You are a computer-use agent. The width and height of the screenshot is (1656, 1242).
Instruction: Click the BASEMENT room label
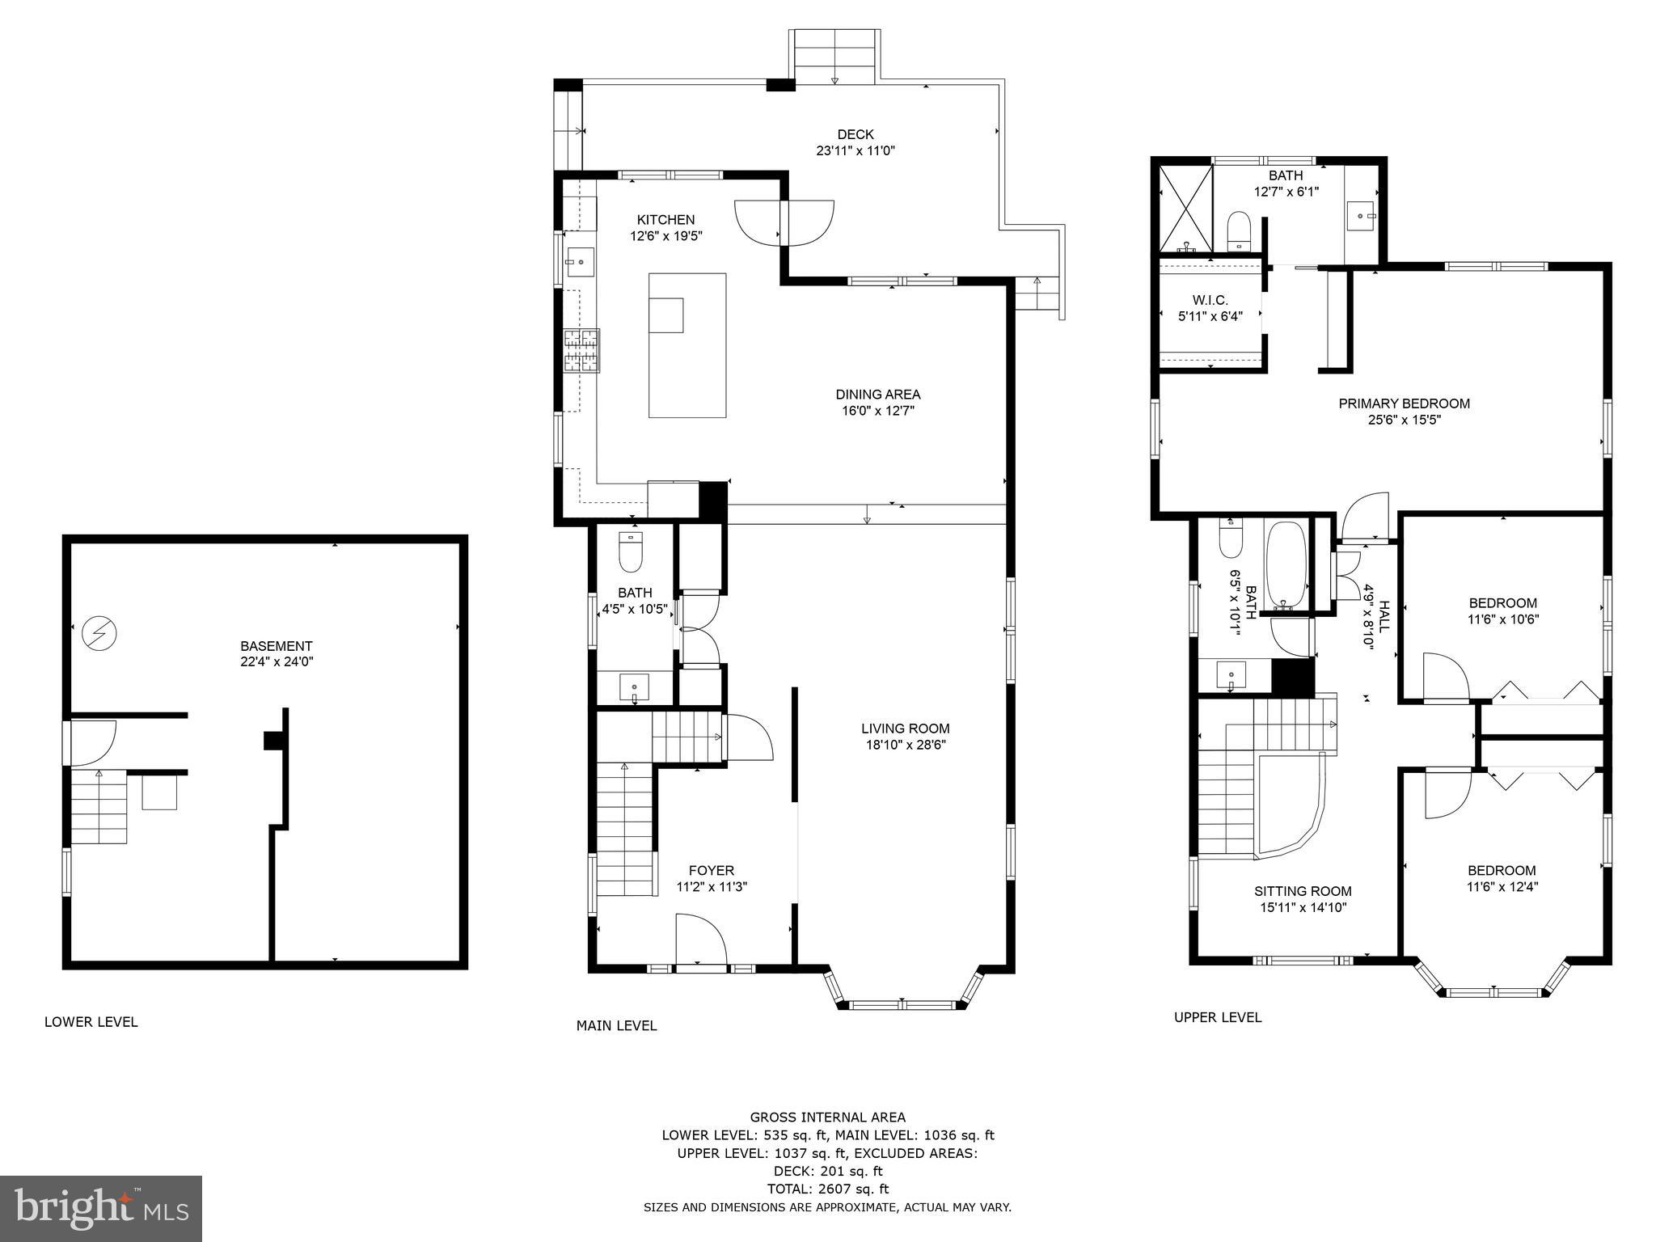click(x=276, y=646)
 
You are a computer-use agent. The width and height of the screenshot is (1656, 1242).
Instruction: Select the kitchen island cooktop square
click(x=666, y=315)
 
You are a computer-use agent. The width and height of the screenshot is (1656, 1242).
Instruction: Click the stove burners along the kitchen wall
click(x=581, y=351)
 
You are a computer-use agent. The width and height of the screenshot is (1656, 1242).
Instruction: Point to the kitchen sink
click(x=580, y=262)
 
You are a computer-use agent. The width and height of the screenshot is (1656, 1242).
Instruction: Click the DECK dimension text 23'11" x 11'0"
click(x=855, y=150)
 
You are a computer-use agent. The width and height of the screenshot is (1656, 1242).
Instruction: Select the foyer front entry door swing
click(x=700, y=940)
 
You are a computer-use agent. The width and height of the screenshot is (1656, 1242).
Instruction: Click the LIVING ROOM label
click(x=905, y=729)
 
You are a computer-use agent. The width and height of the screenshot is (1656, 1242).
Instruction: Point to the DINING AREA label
click(x=877, y=395)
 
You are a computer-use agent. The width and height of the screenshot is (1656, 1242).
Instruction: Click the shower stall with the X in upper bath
click(x=1185, y=209)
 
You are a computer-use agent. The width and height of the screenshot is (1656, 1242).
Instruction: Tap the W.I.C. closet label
click(x=1210, y=301)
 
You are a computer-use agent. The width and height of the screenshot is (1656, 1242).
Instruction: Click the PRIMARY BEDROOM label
click(x=1404, y=403)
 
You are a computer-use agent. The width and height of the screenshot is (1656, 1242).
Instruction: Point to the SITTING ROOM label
click(x=1303, y=891)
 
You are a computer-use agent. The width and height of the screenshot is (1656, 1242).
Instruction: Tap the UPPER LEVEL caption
click(x=1217, y=1018)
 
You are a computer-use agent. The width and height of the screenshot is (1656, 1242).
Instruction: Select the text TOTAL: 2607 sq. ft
click(x=827, y=1189)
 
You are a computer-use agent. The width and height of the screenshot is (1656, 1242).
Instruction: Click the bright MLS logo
click(x=101, y=1209)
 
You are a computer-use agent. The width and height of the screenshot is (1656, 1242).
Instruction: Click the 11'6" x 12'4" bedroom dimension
click(x=1502, y=886)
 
